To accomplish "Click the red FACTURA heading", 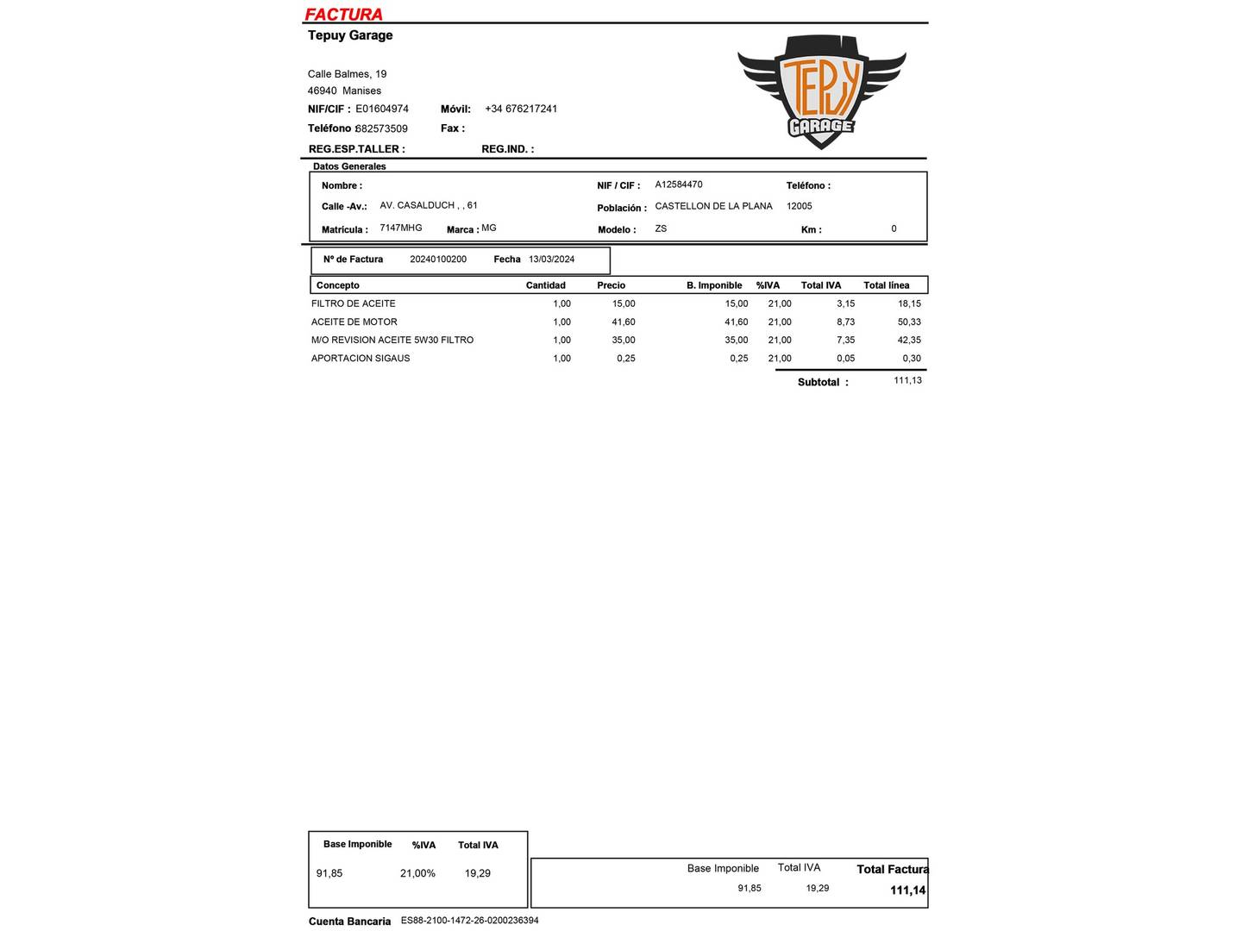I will [x=343, y=14].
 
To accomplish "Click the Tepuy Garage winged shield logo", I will [x=821, y=91].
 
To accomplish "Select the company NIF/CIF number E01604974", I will [x=382, y=109].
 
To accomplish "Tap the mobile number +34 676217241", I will [x=521, y=109].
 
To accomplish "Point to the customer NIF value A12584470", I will [x=679, y=184].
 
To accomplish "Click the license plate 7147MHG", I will [x=401, y=228].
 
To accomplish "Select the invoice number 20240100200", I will [x=438, y=259].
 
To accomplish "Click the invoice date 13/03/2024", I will [x=551, y=259].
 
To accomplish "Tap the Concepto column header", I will [x=338, y=285].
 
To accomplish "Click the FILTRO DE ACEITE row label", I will [x=354, y=303].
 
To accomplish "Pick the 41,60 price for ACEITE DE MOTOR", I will [x=624, y=322].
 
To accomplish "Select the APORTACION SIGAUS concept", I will [x=361, y=358].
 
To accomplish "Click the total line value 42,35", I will [x=909, y=340].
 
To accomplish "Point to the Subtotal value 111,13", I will [x=907, y=380].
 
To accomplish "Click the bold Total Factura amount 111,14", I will [x=907, y=890].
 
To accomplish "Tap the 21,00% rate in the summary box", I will [x=417, y=873].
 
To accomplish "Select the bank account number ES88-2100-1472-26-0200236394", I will [x=470, y=921].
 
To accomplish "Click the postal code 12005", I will [x=800, y=206].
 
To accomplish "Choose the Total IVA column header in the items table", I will [x=821, y=285].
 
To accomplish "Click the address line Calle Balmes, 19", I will [x=347, y=74].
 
